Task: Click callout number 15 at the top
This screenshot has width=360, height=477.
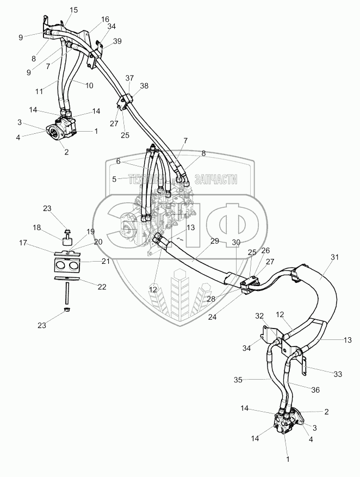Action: tap(74, 10)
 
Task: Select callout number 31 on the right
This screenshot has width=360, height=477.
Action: tap(334, 257)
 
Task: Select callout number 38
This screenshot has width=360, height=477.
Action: tap(144, 86)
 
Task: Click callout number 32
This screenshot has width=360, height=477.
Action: tap(259, 315)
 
